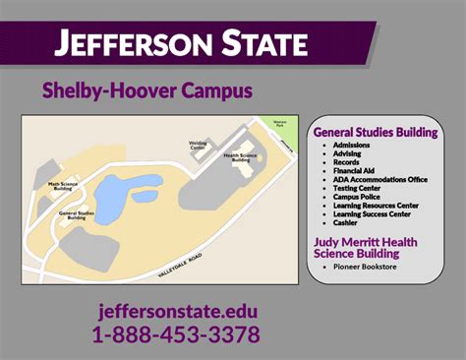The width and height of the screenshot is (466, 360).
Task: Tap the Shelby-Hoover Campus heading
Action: [x=147, y=90]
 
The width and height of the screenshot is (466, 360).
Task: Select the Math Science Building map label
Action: [x=65, y=184]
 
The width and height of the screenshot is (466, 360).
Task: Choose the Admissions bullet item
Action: [x=351, y=145]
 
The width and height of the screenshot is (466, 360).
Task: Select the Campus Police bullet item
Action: [x=357, y=197]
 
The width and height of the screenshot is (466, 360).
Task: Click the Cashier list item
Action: [x=346, y=223]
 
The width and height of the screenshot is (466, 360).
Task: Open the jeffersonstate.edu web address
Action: [x=178, y=312]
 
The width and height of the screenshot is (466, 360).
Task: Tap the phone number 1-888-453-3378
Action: [x=176, y=334]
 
